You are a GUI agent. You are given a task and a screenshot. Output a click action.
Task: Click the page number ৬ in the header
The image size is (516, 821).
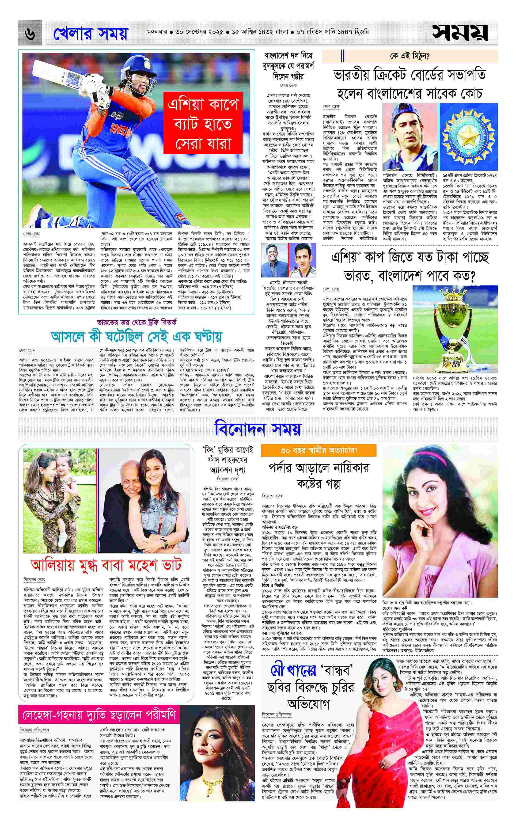(30, 34)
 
